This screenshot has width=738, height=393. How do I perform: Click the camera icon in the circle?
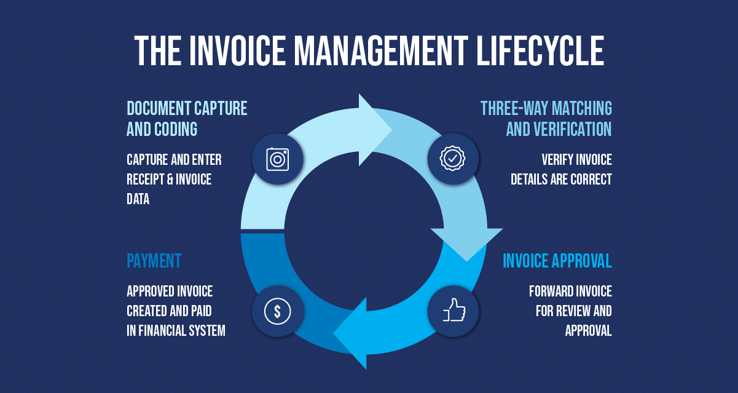[x=277, y=159]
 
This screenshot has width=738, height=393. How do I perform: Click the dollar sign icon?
[x=277, y=311]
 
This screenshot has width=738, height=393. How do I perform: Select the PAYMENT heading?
[x=154, y=261]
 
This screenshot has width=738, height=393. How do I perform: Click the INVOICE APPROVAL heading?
[x=557, y=261]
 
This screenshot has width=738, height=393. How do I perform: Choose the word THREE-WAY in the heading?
[x=514, y=109]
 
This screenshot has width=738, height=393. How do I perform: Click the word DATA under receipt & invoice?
[x=138, y=199]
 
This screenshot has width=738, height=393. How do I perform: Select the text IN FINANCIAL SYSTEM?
[x=176, y=331]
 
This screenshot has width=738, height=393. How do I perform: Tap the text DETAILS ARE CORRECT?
[x=561, y=180]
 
